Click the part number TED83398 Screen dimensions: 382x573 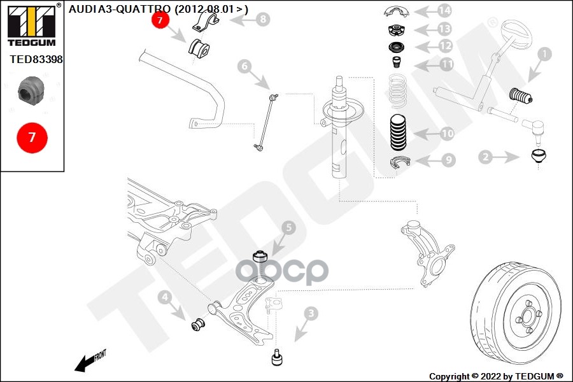point(36,59)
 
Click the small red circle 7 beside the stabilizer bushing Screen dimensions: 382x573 point(160,20)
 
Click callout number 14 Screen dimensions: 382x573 point(444,11)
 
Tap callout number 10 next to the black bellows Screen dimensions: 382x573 point(447,134)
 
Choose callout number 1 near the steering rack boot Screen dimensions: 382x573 point(544,55)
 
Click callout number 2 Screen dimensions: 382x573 point(485,156)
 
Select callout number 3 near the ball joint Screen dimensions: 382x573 point(311,313)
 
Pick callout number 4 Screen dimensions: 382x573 point(164,297)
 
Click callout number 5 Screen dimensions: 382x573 point(288,227)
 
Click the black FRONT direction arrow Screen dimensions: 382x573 point(84,364)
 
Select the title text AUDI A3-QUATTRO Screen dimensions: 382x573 point(119,9)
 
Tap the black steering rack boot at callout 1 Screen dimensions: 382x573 point(520,97)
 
